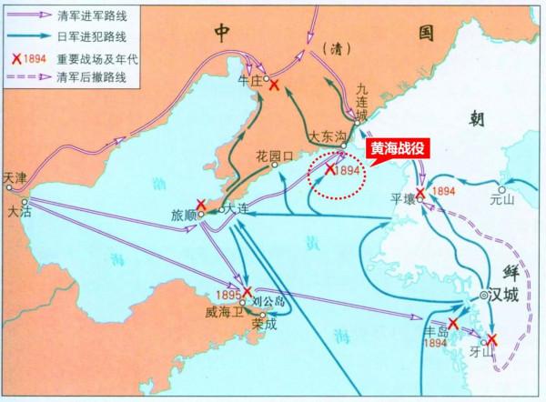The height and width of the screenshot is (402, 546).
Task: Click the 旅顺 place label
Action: pyautogui.click(x=184, y=215)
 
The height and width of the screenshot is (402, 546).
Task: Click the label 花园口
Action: pyautogui.click(x=277, y=156)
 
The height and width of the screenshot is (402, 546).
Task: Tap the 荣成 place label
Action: pyautogui.click(x=263, y=321)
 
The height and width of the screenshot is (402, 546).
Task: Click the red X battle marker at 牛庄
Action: pyautogui.click(x=273, y=84)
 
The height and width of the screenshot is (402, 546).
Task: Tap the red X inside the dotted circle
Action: pyautogui.click(x=330, y=168)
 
